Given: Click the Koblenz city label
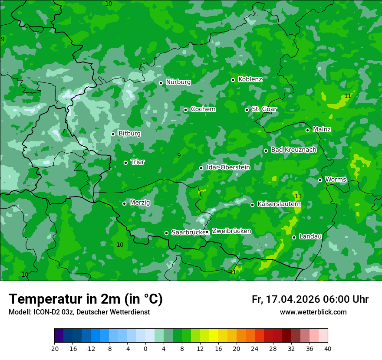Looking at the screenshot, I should point(250,79).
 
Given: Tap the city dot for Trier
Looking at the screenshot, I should point(126,163).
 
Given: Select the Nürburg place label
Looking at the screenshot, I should point(178,82).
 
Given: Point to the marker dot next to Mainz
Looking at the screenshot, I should point(307,130).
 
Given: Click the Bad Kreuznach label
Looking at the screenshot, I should point(293,150).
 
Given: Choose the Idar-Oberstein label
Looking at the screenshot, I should point(228,167).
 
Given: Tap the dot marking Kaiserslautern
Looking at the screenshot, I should point(252,205).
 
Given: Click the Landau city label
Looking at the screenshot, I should point(310,236).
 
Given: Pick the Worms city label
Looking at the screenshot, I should point(336,180).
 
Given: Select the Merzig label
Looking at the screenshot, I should point(140,203).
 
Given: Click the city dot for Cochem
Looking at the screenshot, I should point(185,110).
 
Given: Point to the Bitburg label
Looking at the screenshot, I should point(129,134).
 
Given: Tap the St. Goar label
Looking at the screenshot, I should point(264,109).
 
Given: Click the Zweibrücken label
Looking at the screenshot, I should point(231,231).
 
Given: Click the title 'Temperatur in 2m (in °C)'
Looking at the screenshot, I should point(86,299).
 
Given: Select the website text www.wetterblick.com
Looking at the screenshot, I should point(313,312).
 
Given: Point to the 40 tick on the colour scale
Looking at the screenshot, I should point(328,348).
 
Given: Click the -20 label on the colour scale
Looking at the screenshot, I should point(54,348).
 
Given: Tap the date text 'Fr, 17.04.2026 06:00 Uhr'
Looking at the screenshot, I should point(310,299).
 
